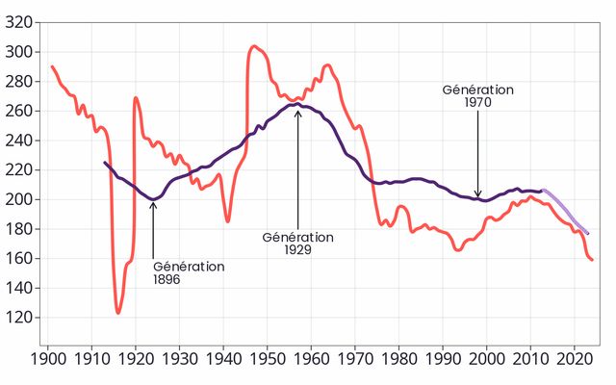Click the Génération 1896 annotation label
[189, 272]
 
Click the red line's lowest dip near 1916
[118, 312]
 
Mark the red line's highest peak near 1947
[254, 46]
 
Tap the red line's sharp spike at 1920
[136, 98]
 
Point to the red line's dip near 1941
[228, 221]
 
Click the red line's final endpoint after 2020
[592, 260]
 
